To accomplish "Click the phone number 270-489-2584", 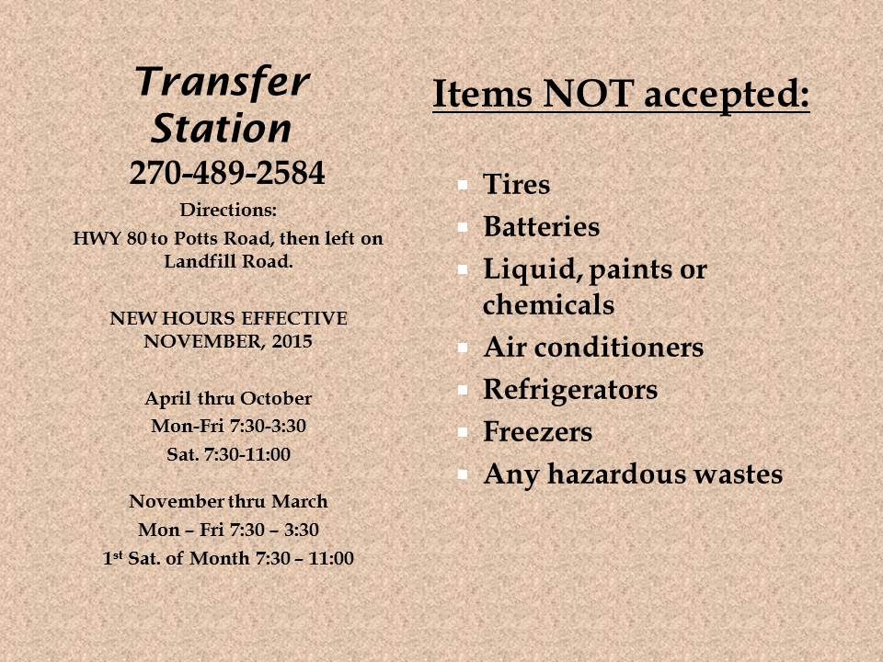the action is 227,172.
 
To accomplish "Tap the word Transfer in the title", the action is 223,82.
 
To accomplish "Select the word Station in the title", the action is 221,129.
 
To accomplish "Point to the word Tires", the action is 516,184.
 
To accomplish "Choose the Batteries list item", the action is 541,226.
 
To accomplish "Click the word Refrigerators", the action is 570,390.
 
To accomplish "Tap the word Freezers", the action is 538,432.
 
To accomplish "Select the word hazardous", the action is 615,474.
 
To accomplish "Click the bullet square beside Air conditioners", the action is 463,348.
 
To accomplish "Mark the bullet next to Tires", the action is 463,185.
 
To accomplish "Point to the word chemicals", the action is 548,305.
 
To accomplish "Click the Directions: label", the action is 228,210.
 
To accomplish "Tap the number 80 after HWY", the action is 137,238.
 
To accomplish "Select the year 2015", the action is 292,342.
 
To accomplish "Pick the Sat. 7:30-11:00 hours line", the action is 229,454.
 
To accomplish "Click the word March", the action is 300,502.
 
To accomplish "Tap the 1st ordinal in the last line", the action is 112,558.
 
